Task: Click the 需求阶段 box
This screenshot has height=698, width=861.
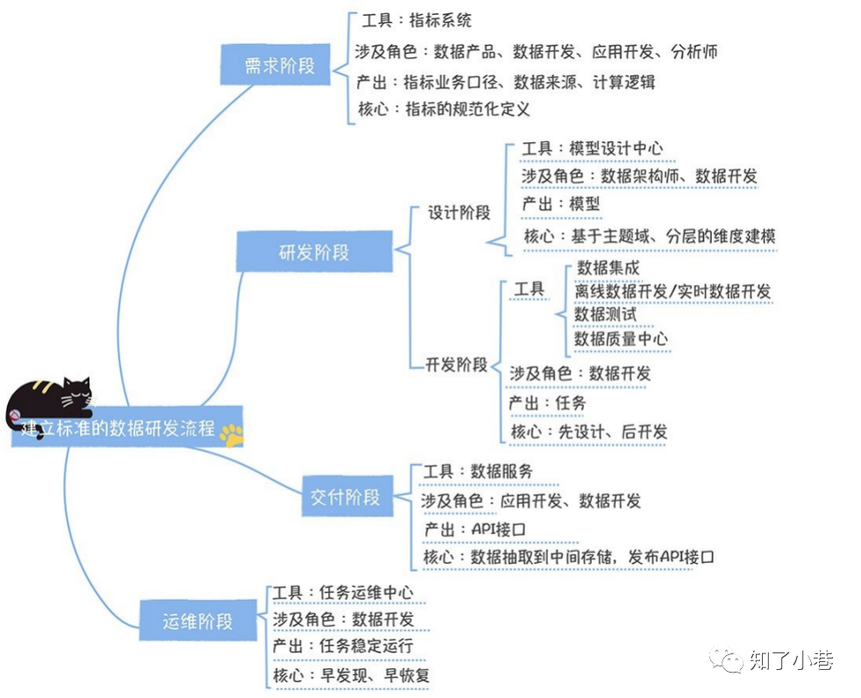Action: coord(274,65)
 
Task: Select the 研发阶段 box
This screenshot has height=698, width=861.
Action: coord(313,252)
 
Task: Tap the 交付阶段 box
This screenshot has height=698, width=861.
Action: coord(345,497)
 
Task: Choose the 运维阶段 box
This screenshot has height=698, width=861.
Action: coord(197,621)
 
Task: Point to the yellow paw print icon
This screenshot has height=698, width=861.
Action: coord(231,433)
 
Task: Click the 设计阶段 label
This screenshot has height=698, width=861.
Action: coord(459,213)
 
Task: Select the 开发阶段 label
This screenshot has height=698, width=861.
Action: coord(456,365)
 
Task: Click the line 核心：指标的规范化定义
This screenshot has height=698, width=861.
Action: coord(444,110)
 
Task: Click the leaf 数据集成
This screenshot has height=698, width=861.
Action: coord(608,268)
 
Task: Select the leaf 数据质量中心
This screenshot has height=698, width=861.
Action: coord(621,338)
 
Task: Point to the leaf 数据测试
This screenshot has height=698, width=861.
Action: coord(605,314)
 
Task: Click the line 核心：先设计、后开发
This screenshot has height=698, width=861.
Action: coord(588,431)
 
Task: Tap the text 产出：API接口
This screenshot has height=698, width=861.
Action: coord(474,529)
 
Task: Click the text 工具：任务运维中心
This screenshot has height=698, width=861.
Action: coord(342,593)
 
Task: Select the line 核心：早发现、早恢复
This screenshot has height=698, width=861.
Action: coord(350,675)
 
